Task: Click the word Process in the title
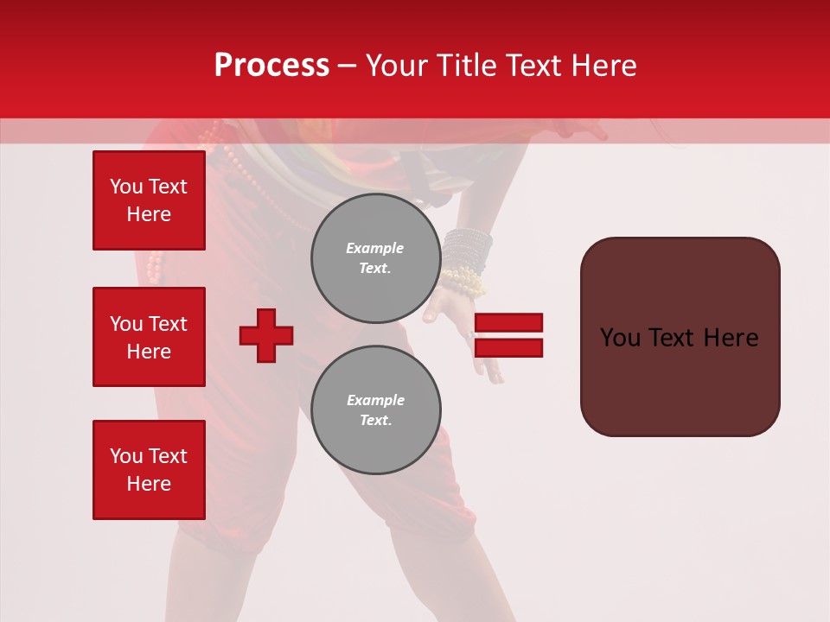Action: click(271, 66)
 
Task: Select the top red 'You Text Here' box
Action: click(149, 200)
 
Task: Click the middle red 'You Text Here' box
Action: click(149, 337)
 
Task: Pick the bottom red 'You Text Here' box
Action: click(149, 470)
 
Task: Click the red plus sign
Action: click(266, 335)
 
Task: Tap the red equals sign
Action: click(508, 335)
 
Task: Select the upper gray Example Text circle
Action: click(375, 257)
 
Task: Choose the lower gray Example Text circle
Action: click(375, 409)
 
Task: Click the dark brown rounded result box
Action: click(680, 337)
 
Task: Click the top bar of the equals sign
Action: click(508, 323)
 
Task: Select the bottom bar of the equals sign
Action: click(508, 347)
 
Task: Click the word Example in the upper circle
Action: click(375, 248)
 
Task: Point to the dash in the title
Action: click(348, 66)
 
